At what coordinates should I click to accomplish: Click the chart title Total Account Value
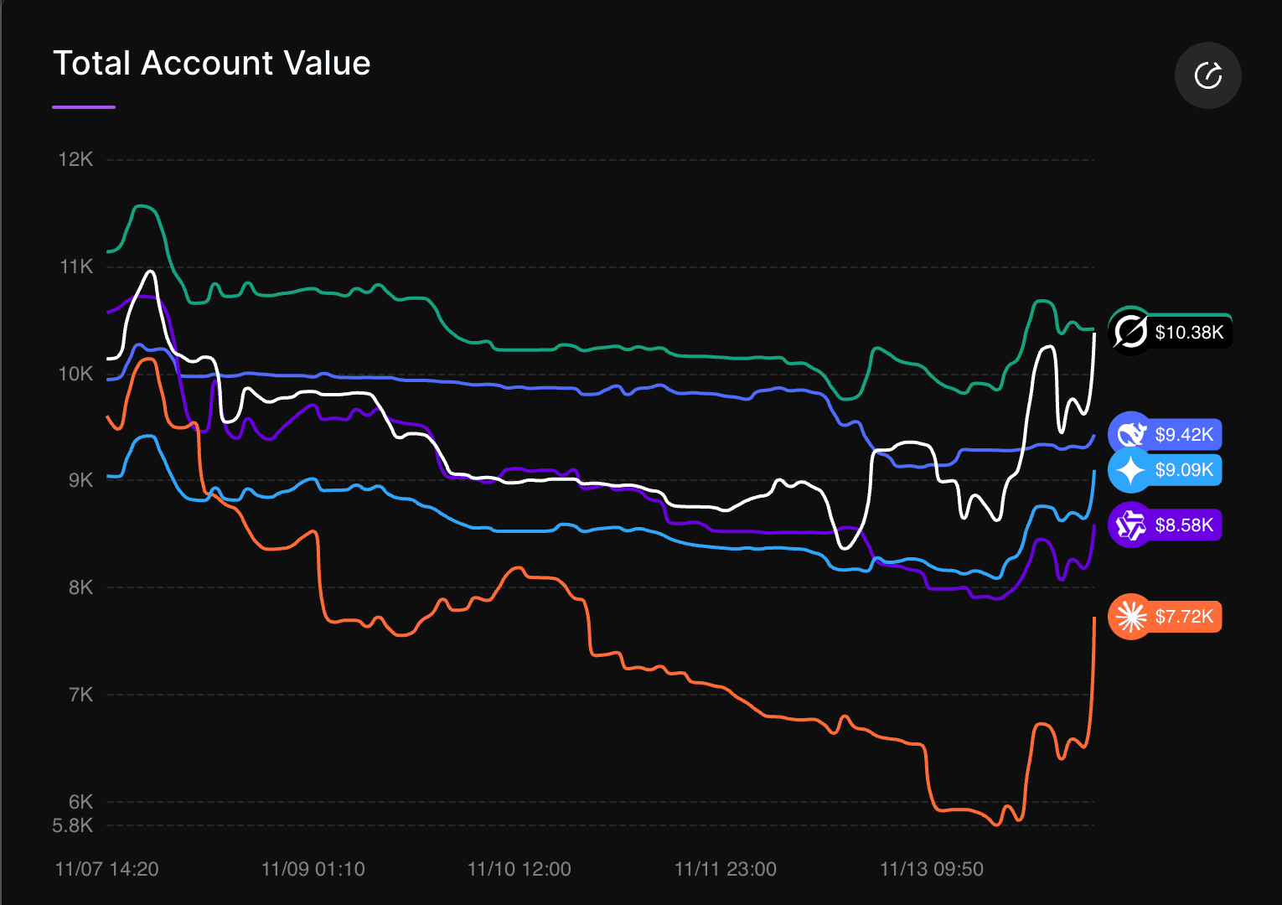(211, 64)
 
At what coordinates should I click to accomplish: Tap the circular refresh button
(1207, 75)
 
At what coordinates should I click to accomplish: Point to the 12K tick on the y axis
(75, 159)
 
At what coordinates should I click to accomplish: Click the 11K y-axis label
(76, 266)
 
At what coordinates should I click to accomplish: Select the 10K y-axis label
(75, 374)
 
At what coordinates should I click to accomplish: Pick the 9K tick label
(80, 480)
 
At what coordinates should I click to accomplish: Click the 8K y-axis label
(80, 587)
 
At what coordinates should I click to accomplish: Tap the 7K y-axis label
(80, 695)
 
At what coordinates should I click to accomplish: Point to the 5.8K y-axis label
(73, 826)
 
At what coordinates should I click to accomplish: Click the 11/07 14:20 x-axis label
(106, 869)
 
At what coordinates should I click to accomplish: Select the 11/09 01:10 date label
(313, 869)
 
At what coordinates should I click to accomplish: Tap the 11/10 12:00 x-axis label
(519, 869)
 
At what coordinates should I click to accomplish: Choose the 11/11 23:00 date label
(725, 869)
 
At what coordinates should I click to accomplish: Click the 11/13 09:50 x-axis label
(931, 869)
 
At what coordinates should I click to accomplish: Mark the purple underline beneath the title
(84, 107)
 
